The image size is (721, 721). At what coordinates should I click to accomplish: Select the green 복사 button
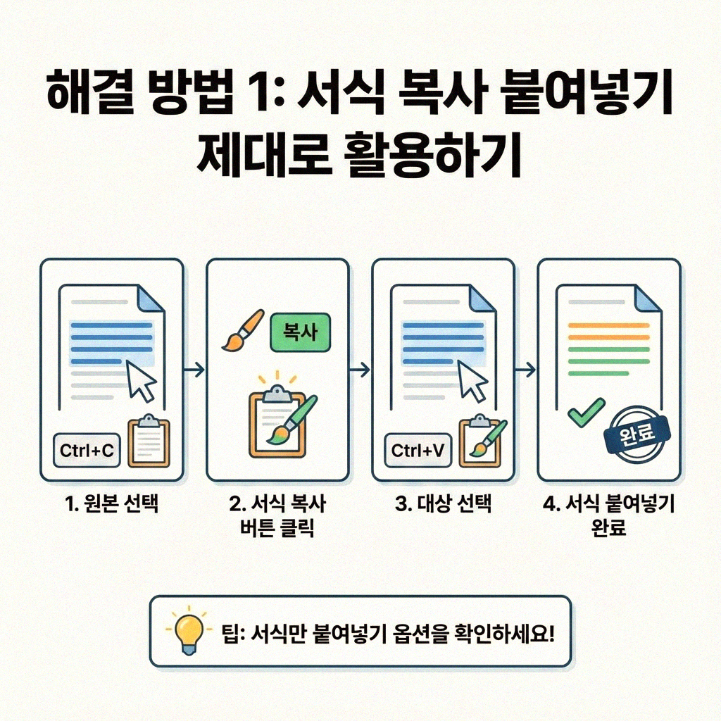[x=300, y=332]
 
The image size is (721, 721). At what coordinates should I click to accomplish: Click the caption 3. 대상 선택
[x=443, y=505]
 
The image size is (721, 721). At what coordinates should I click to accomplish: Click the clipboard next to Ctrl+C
[x=148, y=441]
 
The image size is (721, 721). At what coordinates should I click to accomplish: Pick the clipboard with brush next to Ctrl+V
[x=481, y=442]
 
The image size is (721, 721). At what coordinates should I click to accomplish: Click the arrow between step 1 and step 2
[x=194, y=370]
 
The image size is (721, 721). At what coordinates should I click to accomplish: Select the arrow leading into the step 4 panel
[x=525, y=370]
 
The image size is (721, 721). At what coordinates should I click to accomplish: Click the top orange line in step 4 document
[x=608, y=325]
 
